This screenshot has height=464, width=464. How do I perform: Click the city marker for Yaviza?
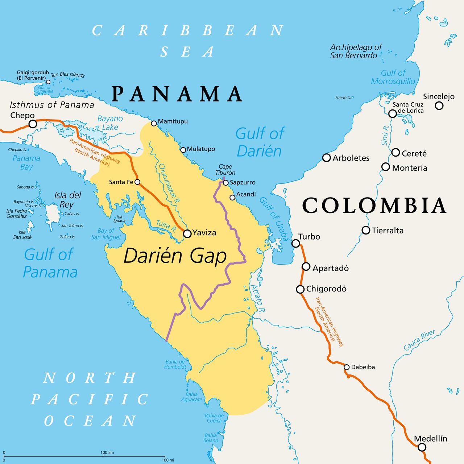point(187,234)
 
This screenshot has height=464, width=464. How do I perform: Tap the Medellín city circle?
point(422,447)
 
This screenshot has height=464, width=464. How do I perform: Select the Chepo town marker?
point(33,124)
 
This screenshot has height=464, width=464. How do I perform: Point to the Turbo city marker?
point(296,243)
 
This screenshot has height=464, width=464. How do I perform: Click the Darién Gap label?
point(175,256)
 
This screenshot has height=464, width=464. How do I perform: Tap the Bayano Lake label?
point(110,123)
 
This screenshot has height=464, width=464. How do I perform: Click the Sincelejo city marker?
point(439,106)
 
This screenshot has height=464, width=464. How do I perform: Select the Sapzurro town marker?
point(225,183)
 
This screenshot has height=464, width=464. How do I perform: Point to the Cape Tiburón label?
point(225,170)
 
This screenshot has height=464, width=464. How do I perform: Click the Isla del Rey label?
point(67,200)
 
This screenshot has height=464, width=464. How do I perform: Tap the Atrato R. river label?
point(257,298)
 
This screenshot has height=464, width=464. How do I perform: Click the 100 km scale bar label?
point(107,452)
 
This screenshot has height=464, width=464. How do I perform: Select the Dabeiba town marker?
point(347,367)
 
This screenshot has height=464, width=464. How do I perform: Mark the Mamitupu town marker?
point(154,124)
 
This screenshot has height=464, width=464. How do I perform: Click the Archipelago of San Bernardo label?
point(356,51)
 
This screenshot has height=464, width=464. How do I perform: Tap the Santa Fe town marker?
point(137,182)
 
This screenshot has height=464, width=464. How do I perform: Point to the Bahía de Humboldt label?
point(175,364)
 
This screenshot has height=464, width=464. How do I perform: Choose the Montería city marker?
point(386,167)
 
